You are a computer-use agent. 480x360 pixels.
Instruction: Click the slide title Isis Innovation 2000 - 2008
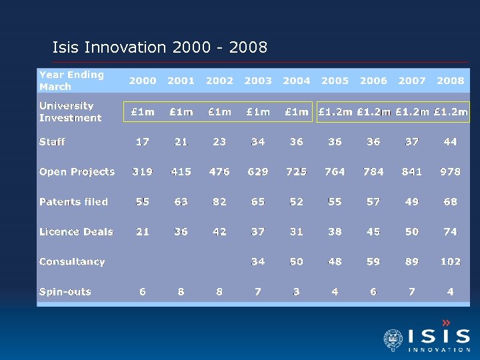pyautogui.click(x=160, y=47)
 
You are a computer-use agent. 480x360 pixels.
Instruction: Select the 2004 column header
pyautogui.click(x=297, y=81)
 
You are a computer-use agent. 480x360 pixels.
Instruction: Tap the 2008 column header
pyautogui.click(x=451, y=81)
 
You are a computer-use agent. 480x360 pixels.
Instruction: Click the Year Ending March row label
pyautogui.click(x=71, y=81)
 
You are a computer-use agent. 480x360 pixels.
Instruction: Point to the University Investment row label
pyautogui.click(x=70, y=112)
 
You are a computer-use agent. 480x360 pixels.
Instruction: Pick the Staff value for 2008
pyautogui.click(x=451, y=142)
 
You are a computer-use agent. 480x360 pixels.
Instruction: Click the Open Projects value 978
pyautogui.click(x=451, y=172)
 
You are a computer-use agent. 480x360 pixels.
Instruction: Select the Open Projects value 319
pyautogui.click(x=142, y=172)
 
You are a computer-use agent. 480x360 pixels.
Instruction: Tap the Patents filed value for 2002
pyautogui.click(x=219, y=202)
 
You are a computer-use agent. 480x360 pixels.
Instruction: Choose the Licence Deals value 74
pyautogui.click(x=451, y=232)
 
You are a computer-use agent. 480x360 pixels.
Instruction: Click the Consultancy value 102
pyautogui.click(x=451, y=262)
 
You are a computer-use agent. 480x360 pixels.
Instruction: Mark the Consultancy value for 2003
pyautogui.click(x=258, y=262)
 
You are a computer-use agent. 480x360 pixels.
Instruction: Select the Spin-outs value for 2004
pyautogui.click(x=297, y=292)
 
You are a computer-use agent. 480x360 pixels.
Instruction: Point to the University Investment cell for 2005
pyautogui.click(x=335, y=112)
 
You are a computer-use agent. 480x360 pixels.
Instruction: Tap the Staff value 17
pyautogui.click(x=142, y=142)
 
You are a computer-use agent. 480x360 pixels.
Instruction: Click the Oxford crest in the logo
pyautogui.click(x=393, y=339)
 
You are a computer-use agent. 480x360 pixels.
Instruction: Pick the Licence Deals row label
pyautogui.click(x=76, y=232)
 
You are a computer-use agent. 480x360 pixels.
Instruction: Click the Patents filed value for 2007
pyautogui.click(x=412, y=202)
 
